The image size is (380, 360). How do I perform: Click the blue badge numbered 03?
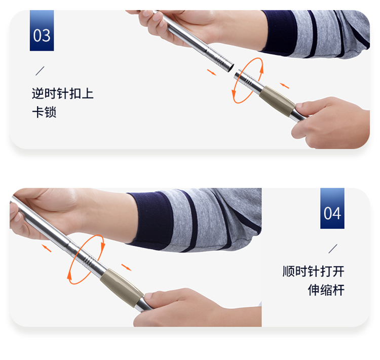(42, 30)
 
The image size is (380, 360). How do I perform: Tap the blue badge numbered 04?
(332, 208)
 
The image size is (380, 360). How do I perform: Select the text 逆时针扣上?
(63, 94)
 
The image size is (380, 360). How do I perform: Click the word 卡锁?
(45, 112)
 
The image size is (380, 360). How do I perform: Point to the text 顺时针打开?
(313, 271)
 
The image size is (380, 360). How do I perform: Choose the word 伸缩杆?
(326, 290)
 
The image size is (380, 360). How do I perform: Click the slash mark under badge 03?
(40, 71)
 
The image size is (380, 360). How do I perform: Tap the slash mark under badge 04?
(333, 249)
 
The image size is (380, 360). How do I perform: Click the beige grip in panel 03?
(277, 101)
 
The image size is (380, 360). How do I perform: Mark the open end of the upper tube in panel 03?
(231, 68)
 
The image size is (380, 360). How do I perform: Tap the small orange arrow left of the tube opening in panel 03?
(212, 72)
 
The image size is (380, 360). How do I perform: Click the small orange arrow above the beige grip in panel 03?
(285, 86)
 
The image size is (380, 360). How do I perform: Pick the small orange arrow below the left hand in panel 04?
(47, 248)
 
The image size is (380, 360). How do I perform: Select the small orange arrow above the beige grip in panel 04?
(126, 267)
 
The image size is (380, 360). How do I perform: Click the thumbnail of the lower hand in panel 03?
(299, 105)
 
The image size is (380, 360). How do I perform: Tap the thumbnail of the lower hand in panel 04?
(148, 296)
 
